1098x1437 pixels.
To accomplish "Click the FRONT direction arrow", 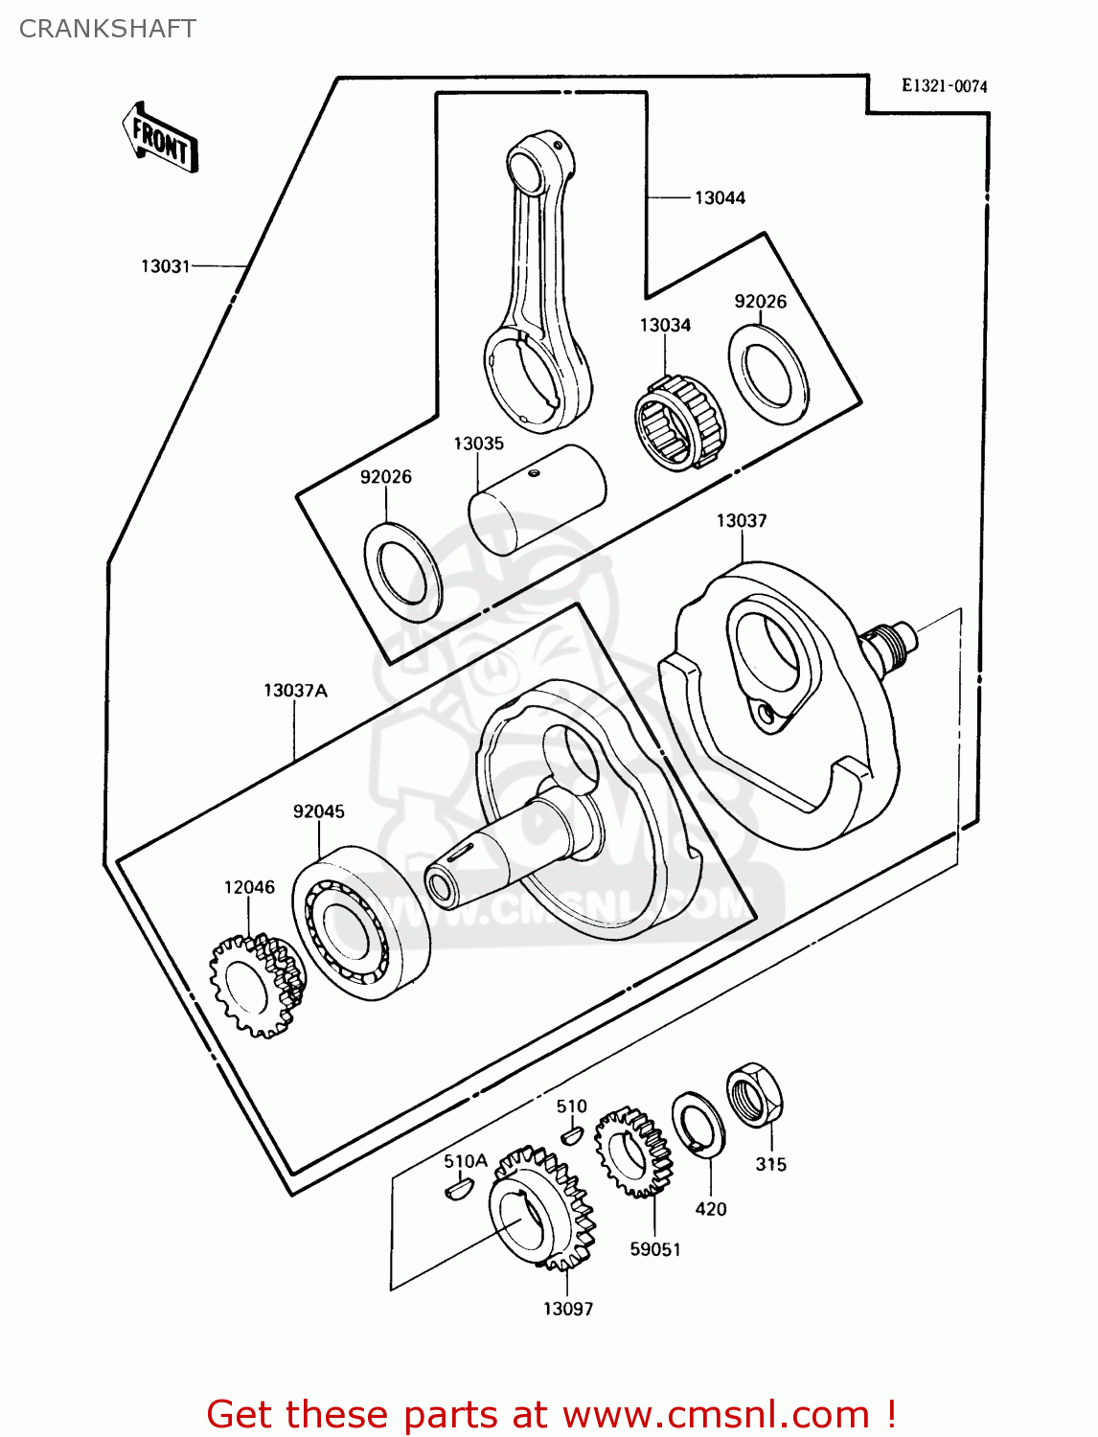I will click(x=161, y=138).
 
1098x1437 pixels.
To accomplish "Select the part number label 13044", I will click(x=720, y=198).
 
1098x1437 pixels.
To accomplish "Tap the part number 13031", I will click(x=166, y=266).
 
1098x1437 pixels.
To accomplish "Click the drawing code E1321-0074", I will click(x=944, y=86).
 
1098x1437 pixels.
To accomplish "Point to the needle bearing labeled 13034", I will click(x=679, y=422).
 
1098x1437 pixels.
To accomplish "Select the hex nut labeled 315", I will click(x=755, y=1095).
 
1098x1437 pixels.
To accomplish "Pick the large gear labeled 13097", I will click(x=541, y=1209).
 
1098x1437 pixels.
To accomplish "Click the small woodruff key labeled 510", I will click(x=571, y=1136).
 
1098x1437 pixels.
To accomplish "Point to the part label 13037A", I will click(x=295, y=691).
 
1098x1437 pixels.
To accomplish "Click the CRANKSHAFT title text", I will click(x=107, y=29).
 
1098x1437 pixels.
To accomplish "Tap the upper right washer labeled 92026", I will click(x=768, y=374).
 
